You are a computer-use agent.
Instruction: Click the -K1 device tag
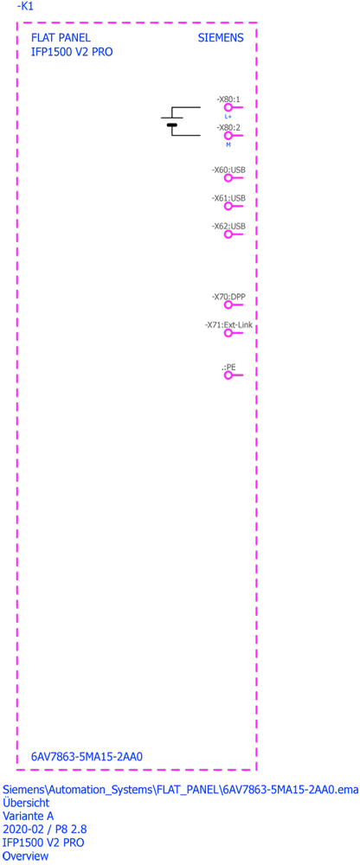[x=25, y=7]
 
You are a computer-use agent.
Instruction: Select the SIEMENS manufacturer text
[x=221, y=38]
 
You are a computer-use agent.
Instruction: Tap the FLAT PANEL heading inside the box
[x=61, y=38]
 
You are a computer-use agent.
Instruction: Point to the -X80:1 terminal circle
[x=227, y=108]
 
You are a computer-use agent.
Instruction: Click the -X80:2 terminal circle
[x=227, y=136]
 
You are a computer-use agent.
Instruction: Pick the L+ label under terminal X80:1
[x=228, y=117]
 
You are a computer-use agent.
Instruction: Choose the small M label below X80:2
[x=228, y=144]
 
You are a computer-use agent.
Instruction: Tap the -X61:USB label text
[x=228, y=198]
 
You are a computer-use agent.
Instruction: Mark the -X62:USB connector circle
[x=228, y=234]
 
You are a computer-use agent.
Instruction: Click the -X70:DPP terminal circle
[x=228, y=305]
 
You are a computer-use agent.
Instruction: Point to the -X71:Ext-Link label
[x=228, y=325]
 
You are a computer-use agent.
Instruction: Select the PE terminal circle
[x=228, y=375]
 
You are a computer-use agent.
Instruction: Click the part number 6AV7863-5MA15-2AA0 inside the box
[x=87, y=756]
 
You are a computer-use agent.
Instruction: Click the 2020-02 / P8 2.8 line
[x=45, y=830]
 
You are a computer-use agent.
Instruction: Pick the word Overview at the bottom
[x=25, y=856]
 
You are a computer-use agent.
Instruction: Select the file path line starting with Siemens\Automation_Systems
[x=181, y=789]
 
